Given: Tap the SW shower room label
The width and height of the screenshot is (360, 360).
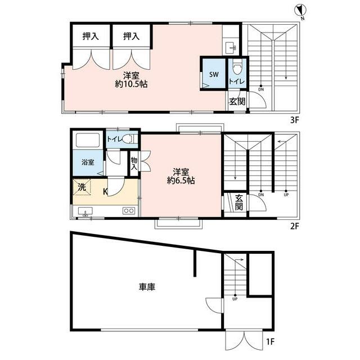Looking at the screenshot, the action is click(x=214, y=74).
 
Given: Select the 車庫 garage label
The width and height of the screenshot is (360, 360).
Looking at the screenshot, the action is click(x=147, y=287).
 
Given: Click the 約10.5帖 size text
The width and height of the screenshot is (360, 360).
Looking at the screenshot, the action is click(x=131, y=84).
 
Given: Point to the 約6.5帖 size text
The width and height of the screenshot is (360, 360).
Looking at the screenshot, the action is click(x=181, y=181).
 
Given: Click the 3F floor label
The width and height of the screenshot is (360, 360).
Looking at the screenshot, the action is click(x=295, y=120).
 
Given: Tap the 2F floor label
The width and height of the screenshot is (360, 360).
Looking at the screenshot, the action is click(x=295, y=227).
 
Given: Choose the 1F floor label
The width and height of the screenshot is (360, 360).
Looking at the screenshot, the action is click(x=270, y=341).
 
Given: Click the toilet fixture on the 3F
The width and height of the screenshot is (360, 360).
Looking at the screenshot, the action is click(x=237, y=66).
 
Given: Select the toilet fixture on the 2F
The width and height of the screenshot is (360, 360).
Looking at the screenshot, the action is click(x=129, y=139).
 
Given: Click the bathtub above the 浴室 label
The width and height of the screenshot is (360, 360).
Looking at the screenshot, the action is click(x=88, y=140).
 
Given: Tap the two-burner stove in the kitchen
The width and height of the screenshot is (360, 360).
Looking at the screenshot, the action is click(x=129, y=210).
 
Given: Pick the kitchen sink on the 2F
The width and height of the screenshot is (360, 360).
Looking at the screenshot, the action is click(x=85, y=211).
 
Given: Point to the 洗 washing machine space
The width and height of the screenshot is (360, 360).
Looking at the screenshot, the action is click(x=82, y=187).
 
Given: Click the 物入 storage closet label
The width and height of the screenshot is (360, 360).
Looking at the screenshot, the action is click(x=134, y=164).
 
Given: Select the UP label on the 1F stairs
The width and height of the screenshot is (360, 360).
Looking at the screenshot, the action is click(x=235, y=299).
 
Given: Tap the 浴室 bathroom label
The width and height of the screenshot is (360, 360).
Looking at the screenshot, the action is click(x=88, y=163).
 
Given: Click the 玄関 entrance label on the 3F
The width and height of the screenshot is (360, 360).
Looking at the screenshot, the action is click(x=237, y=101).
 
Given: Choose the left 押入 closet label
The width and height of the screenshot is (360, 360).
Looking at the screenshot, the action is click(x=91, y=36).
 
